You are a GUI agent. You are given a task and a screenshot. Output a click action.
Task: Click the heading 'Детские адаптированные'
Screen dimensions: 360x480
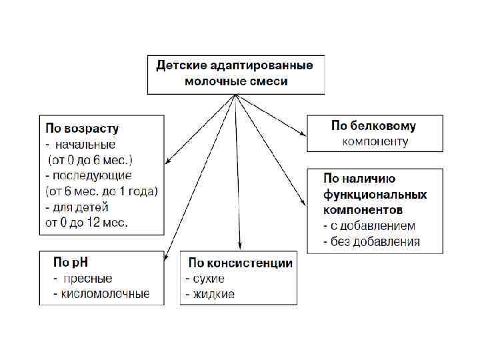pyautogui.click(x=235, y=67)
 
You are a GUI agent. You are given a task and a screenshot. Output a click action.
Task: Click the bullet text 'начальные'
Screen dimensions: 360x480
pyautogui.click(x=85, y=144)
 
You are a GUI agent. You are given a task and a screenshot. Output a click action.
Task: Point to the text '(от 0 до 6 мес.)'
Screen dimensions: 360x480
pyautogui.click(x=89, y=160)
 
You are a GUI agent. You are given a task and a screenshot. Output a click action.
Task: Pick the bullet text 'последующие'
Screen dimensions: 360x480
pyautogui.click(x=93, y=176)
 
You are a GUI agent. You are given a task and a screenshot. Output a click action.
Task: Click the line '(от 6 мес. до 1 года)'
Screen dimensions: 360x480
pyautogui.click(x=101, y=192)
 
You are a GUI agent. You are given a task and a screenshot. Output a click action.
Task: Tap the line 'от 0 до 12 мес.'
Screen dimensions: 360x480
pyautogui.click(x=87, y=223)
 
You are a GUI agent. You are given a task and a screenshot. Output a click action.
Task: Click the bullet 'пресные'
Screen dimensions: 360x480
pyautogui.click(x=88, y=279)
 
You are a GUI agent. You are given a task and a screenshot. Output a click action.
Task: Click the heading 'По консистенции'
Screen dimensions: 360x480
pyautogui.click(x=240, y=263)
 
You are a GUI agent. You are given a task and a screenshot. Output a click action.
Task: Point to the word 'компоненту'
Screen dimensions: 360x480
pyautogui.click(x=375, y=141)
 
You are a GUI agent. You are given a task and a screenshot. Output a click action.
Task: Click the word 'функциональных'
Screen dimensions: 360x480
pyautogui.click(x=375, y=195)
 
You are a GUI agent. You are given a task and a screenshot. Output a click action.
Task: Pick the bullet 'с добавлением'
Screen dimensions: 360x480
pyautogui.click(x=373, y=226)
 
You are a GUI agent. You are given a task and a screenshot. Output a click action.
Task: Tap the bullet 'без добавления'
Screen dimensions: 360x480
pyautogui.click(x=375, y=241)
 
